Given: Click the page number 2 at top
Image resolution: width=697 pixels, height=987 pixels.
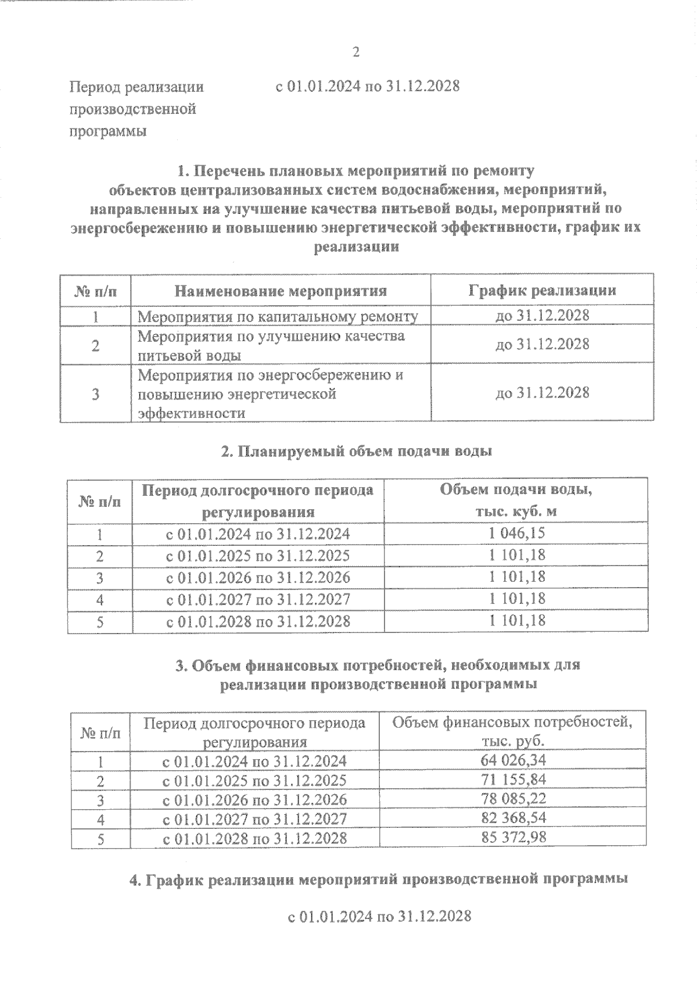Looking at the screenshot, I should pyautogui.click(x=356, y=52).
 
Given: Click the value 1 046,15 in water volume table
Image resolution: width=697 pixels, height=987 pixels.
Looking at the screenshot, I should pyautogui.click(x=517, y=533).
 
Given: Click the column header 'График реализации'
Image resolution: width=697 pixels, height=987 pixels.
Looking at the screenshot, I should pyautogui.click(x=542, y=290).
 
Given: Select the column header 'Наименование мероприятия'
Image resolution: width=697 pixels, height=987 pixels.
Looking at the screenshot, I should pyautogui.click(x=281, y=291).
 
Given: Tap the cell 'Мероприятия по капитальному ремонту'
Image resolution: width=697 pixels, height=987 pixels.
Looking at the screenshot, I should pyautogui.click(x=278, y=316).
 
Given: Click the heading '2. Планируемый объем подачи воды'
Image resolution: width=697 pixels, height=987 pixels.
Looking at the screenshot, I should pyautogui.click(x=357, y=451).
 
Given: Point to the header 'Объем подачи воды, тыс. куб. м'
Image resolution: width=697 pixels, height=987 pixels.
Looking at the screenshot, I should pyautogui.click(x=516, y=500).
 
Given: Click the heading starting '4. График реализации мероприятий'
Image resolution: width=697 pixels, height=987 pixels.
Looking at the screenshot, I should pyautogui.click(x=378, y=879).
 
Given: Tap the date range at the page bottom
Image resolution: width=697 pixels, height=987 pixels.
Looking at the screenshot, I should pyautogui.click(x=379, y=917).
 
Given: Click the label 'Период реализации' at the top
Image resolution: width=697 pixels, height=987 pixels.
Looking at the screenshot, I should pyautogui.click(x=136, y=87).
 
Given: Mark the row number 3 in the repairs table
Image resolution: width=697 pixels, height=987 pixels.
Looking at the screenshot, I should pyautogui.click(x=95, y=394).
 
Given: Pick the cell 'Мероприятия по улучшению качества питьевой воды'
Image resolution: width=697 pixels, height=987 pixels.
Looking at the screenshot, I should pyautogui.click(x=271, y=345).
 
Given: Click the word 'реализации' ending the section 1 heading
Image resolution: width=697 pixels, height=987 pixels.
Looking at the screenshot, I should pyautogui.click(x=356, y=246).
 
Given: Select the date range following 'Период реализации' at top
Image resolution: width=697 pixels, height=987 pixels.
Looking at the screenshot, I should pyautogui.click(x=367, y=87).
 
